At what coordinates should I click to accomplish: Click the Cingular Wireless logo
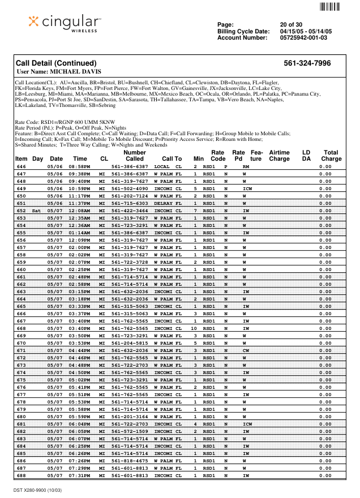(65, 23)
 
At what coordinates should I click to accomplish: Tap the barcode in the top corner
(329, 7)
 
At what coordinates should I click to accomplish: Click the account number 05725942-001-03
(303, 38)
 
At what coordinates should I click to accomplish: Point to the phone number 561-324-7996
(307, 63)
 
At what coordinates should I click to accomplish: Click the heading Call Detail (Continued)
(56, 63)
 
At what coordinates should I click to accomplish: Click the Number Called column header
(135, 156)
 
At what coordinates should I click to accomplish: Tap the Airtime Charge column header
(279, 156)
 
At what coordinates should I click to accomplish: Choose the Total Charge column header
(331, 156)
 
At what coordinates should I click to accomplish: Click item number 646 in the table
(22, 167)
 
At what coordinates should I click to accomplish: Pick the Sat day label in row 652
(37, 210)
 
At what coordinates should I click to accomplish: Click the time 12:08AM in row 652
(79, 210)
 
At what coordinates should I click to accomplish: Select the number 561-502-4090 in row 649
(130, 188)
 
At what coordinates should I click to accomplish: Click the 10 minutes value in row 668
(194, 328)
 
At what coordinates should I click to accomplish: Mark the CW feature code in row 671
(246, 350)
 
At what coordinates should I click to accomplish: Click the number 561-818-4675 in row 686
(130, 461)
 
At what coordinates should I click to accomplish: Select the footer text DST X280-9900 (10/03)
(38, 488)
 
